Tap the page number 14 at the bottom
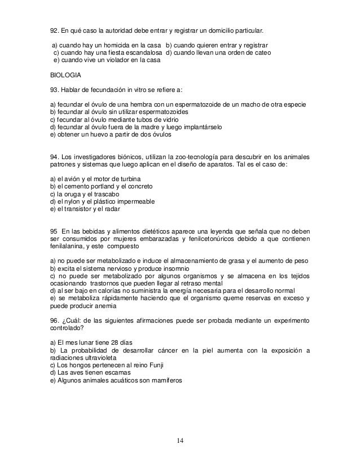(x=179, y=440)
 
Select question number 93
(x=50, y=89)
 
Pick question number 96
(x=50, y=320)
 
